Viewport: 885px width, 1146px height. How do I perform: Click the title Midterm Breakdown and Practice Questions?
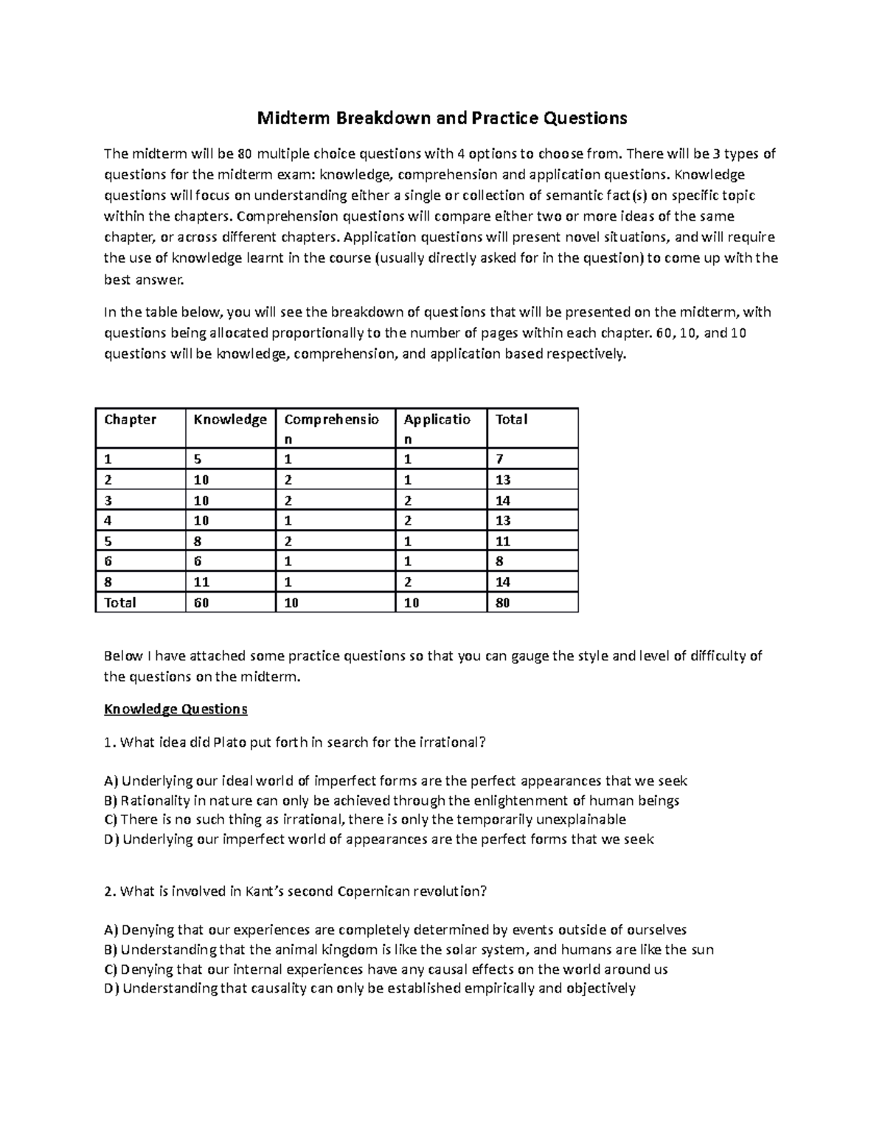pos(441,117)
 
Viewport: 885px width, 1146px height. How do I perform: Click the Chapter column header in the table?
pos(131,420)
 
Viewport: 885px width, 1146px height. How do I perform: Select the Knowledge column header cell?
pos(229,420)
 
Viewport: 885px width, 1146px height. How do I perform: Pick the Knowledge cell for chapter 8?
pos(201,581)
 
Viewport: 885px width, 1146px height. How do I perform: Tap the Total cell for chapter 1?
pos(499,459)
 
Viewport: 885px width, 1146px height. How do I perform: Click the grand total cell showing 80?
pos(503,602)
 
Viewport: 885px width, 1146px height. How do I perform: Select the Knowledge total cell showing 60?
pos(201,602)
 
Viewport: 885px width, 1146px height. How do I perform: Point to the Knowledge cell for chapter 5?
pos(198,541)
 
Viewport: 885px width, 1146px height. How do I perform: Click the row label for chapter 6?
pos(108,561)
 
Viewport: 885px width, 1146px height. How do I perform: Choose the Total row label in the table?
pos(120,602)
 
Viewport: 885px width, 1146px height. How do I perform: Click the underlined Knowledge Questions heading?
pos(176,709)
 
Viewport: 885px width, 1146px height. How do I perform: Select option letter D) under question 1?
pos(111,839)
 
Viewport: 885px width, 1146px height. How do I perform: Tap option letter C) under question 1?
pos(111,819)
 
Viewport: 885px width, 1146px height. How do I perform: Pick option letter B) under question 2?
pos(111,950)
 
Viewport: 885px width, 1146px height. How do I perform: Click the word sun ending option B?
pos(702,950)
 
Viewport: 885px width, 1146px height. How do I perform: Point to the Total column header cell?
pos(511,420)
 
